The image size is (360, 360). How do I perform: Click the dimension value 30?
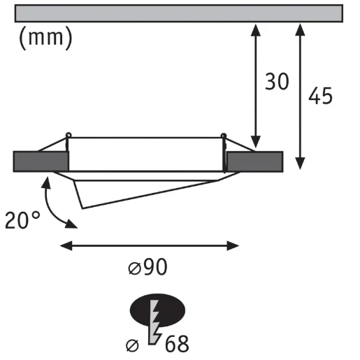pyautogui.click(x=277, y=82)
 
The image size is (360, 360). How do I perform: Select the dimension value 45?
pyautogui.click(x=319, y=96)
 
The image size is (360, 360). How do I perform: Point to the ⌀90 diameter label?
pyautogui.click(x=148, y=266)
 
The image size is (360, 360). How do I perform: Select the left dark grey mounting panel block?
pyautogui.click(x=41, y=161)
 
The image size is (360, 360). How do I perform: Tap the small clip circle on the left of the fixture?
pyautogui.click(x=68, y=136)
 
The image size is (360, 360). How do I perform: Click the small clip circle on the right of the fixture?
pyautogui.click(x=224, y=136)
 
